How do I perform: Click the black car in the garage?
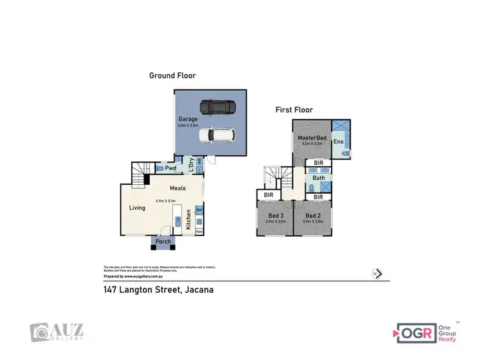pos(217,106)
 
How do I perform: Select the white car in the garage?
pos(217,135)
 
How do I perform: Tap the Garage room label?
pos(188,119)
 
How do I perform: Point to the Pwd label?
pos(171,168)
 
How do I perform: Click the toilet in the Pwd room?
pos(159,169)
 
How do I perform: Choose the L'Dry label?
pos(191,164)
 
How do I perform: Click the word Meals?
pos(178,188)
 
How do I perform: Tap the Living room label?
pos(138,207)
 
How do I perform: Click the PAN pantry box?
pos(199,231)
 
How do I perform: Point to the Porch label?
pos(164,242)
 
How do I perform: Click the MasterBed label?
pos(312,138)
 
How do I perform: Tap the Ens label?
pos(338,142)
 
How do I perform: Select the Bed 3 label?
pos(275,216)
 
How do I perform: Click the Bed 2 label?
pos(312,216)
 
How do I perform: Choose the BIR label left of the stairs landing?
pos(269,194)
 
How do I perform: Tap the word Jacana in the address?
pos(199,290)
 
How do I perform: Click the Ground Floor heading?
pos(172,75)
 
